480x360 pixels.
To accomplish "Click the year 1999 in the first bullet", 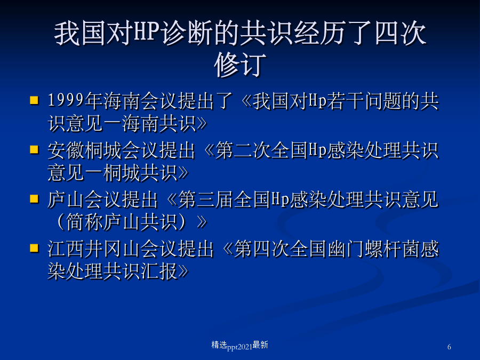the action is click(66, 100).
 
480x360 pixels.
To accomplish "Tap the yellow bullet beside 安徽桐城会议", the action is click(34, 149).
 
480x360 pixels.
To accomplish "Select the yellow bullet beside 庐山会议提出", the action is click(34, 199).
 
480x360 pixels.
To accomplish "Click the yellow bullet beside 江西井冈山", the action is click(34, 247).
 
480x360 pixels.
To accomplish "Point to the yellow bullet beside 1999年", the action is click(34, 100).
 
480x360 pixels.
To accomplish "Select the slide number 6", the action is click(449, 347).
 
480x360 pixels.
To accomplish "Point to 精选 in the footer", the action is click(219, 345).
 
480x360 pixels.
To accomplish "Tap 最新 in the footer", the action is click(260, 345).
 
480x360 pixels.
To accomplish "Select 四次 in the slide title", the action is click(401, 33).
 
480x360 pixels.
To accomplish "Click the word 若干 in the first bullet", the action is click(346, 101).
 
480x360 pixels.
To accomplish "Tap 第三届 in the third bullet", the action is click(206, 199).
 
